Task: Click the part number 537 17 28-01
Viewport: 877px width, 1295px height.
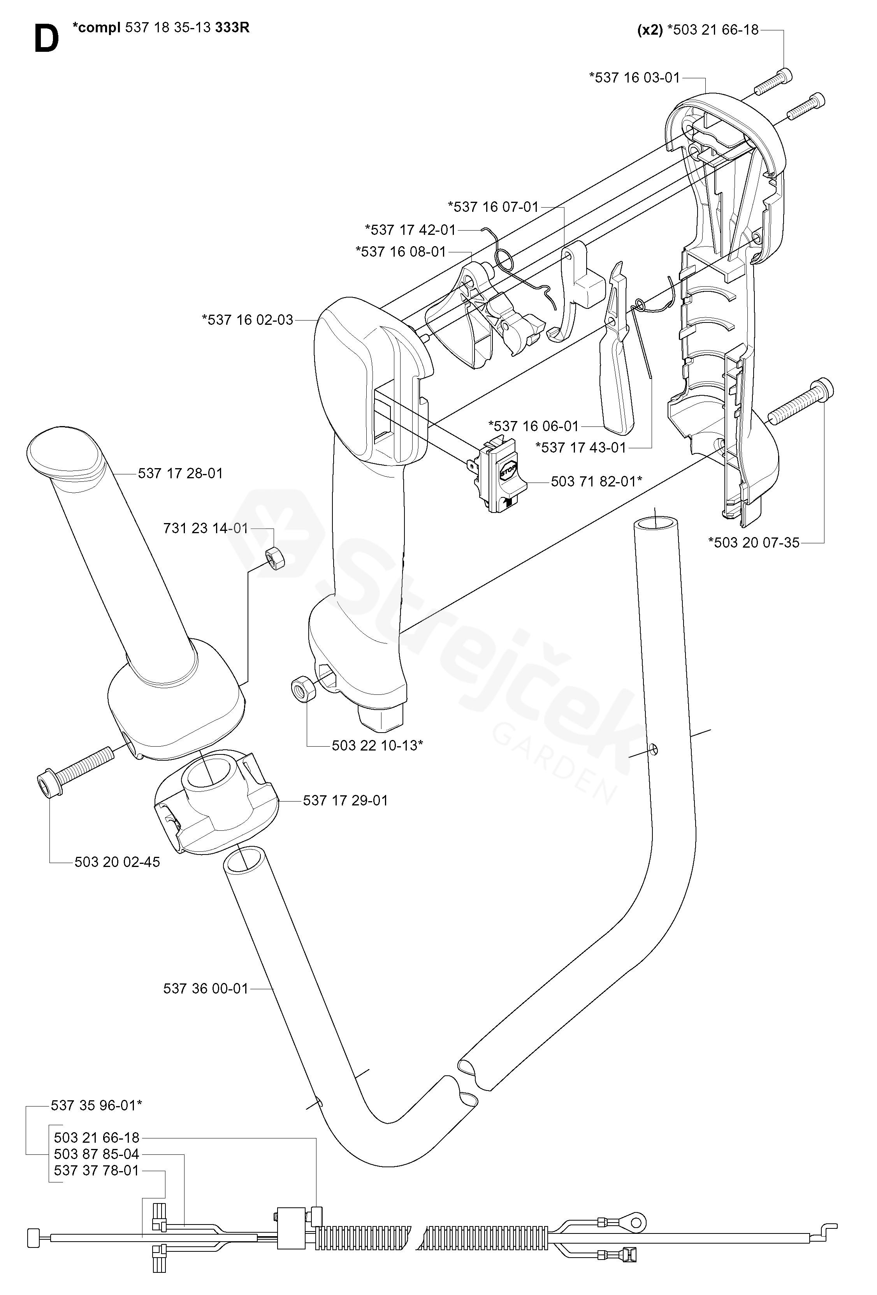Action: pos(180,473)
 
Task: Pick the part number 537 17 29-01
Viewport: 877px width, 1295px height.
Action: pos(345,800)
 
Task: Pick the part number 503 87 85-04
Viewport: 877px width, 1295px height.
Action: pos(96,1154)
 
